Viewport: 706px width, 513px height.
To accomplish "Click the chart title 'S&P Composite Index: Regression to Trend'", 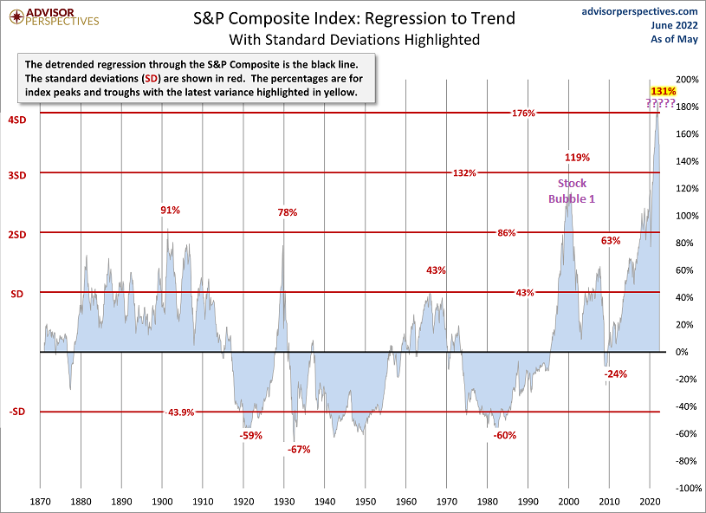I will (353, 17).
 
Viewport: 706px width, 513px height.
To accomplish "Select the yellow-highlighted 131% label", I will (663, 91).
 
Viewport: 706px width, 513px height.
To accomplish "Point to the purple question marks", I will (661, 104).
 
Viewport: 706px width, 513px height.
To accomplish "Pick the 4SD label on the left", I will (18, 120).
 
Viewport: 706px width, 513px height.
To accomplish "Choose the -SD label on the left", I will (18, 412).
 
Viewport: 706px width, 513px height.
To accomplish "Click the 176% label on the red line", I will (523, 114).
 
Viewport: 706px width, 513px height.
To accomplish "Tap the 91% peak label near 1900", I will (171, 210).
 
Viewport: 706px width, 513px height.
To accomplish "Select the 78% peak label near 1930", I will (288, 212).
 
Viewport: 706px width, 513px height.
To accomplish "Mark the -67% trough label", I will (298, 449).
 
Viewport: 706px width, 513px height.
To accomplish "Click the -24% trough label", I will (615, 374).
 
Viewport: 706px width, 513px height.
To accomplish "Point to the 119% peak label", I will (577, 158).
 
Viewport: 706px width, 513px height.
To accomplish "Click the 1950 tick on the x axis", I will (366, 502).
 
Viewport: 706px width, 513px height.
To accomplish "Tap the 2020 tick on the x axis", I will (650, 502).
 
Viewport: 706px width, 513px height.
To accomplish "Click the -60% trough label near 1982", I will (504, 435).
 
